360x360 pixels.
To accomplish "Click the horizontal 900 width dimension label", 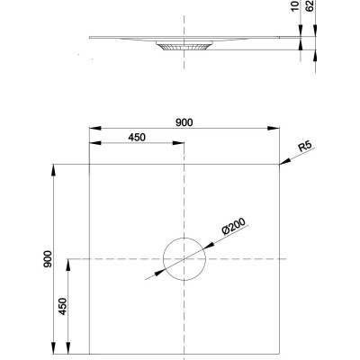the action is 184,122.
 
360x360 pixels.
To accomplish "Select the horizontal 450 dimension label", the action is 137,138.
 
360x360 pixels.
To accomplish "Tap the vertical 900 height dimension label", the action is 48,259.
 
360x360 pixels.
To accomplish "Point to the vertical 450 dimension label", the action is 63,306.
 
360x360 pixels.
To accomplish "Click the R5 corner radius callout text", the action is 305,147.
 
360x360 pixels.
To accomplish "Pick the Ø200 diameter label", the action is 233,226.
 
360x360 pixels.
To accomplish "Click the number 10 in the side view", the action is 295,5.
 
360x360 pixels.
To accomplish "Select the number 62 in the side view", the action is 310,5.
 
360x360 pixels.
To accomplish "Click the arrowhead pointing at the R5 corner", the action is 284,162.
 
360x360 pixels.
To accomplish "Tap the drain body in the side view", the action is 184,46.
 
